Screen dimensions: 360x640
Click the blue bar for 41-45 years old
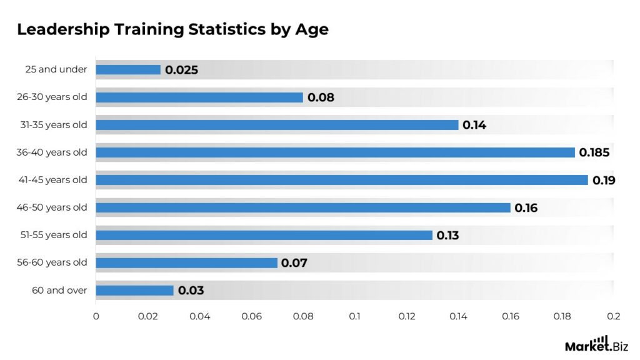342,180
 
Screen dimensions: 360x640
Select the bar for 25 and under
128,70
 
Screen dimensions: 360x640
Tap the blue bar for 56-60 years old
186,262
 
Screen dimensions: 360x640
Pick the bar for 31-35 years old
277,125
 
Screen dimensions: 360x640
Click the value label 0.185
594,152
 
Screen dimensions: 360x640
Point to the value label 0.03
191,291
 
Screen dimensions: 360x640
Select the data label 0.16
526,208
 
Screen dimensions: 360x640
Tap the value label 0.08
321,97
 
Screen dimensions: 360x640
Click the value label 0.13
447,236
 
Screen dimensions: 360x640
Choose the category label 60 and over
59,290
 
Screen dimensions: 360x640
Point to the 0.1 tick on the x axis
354,316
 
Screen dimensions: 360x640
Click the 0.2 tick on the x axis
613,316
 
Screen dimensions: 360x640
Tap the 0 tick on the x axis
96,316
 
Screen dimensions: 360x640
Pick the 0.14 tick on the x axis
458,316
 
